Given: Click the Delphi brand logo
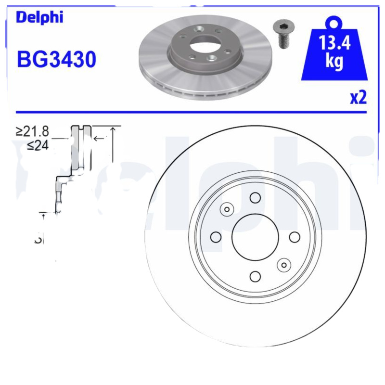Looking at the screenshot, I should tap(39, 18).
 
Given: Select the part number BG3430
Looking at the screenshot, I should tap(56, 60).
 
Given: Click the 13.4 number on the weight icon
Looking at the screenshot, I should tap(335, 45).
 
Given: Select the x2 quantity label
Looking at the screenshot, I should tap(358, 98).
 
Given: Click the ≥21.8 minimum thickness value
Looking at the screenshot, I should tap(32, 131).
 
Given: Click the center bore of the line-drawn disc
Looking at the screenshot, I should tap(255, 237).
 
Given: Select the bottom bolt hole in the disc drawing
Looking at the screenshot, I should tap(255, 276).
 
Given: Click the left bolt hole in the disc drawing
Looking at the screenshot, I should tap(216, 237).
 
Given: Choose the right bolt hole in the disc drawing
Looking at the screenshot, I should tap(294, 237).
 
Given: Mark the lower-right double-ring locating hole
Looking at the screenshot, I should tap(283, 264).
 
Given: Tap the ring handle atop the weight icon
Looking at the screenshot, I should tap(334, 22).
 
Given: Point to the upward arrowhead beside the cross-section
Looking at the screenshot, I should tap(113, 129).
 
